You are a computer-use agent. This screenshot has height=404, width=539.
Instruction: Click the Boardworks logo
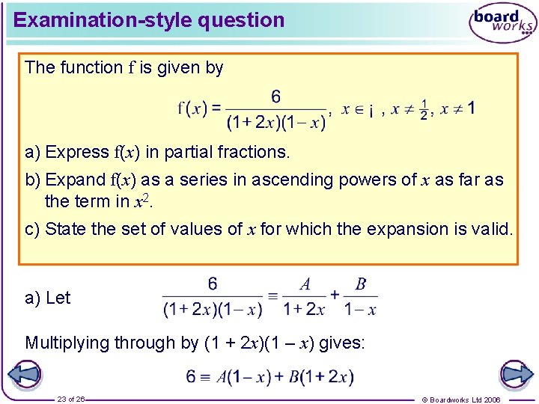(x=502, y=23)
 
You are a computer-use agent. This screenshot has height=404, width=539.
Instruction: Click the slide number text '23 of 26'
(x=72, y=399)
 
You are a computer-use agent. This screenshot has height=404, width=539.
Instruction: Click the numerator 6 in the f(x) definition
(x=276, y=97)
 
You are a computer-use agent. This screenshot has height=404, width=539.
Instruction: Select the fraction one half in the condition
(x=424, y=109)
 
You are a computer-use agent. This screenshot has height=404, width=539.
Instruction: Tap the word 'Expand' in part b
(x=76, y=180)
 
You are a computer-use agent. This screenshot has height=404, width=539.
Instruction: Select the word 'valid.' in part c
(x=492, y=228)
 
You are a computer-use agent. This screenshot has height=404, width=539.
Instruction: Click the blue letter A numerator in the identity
(x=305, y=284)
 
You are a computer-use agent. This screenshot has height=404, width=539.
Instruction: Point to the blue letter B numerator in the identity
(x=361, y=284)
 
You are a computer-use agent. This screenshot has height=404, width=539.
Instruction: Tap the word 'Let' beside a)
(x=58, y=298)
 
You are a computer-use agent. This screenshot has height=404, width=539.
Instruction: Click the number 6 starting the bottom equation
(x=192, y=376)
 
